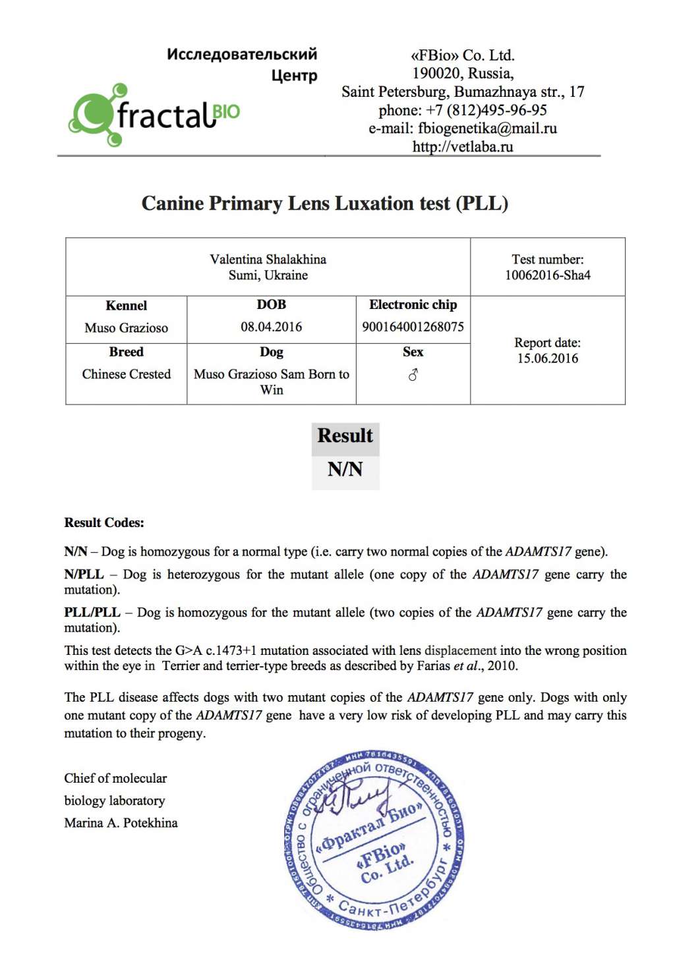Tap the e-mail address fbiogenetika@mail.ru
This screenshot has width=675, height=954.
point(487,128)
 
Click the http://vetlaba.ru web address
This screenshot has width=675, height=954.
point(463,147)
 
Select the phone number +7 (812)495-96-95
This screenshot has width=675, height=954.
point(496,110)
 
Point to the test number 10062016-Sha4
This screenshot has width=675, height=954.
point(548,275)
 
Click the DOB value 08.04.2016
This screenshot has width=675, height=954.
point(271,327)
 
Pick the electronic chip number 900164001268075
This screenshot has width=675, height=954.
point(413,327)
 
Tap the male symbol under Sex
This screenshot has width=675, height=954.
point(413,375)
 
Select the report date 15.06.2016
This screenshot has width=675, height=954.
point(548,358)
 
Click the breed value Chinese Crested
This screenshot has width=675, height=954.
point(126,374)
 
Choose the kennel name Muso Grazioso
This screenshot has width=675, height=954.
point(126,328)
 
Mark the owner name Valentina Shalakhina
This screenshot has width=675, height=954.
point(268,260)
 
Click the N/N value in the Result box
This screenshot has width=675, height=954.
point(345,470)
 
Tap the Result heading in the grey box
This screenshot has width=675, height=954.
point(345,436)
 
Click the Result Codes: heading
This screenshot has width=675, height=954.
point(104,523)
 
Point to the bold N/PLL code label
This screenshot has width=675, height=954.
point(84,575)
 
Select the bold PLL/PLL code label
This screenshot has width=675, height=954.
point(92,613)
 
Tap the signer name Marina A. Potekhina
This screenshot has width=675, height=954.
point(121,823)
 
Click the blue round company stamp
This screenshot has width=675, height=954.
point(374,841)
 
